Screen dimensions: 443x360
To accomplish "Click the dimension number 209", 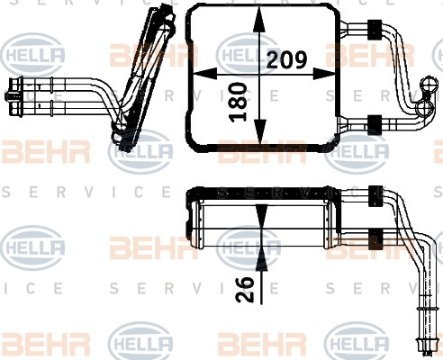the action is pos(286,59).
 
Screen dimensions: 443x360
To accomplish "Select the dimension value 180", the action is pos(238,103).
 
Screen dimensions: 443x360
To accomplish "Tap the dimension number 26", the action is pos(244,289).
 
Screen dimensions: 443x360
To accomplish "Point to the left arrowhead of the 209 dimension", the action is pos(204,74).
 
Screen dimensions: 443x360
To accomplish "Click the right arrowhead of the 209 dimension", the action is pos(324,74).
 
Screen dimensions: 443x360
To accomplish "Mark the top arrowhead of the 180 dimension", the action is pos(259,20).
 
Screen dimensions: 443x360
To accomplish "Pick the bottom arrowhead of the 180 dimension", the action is pos(260,131).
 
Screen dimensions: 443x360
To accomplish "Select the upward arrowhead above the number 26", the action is pos(261,259).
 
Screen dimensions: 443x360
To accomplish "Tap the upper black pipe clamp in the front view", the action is pos(375,30).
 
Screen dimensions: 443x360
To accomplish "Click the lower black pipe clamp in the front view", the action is pos(375,125).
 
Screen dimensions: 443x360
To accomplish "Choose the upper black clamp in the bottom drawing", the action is pos(375,196).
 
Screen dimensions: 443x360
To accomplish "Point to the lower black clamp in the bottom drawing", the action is pos(375,238).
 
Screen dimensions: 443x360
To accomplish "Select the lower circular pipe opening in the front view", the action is pos(425,108).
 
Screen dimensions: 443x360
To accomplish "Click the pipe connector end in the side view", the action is pos(14,96).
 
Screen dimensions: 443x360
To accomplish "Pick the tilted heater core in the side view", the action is pos(143,76).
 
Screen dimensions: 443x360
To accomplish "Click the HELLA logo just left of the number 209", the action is pos(242,55).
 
